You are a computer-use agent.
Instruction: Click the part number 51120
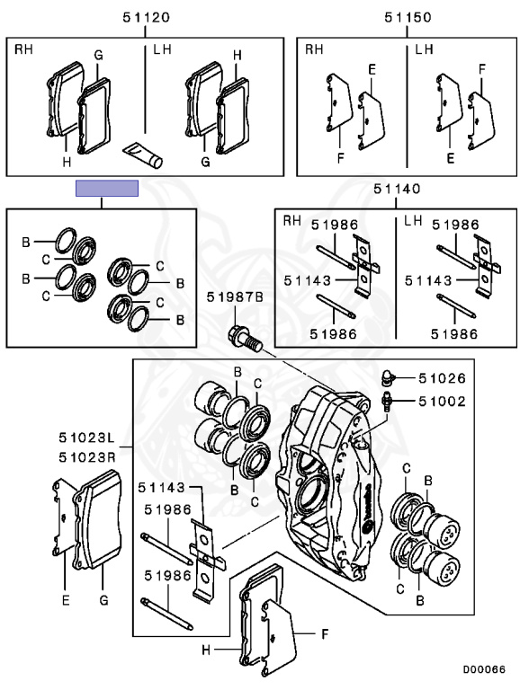pos(146,18)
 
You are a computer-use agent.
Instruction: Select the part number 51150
pos(408,18)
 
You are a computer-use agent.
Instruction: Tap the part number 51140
pos(397,189)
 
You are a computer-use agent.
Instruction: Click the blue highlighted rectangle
pos(107,189)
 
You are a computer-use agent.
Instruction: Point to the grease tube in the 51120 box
pos(143,155)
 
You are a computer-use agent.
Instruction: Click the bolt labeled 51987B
pos(245,338)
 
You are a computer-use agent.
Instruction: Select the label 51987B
pos(235,297)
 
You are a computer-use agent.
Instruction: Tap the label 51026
pos(442,378)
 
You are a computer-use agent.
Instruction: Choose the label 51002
pos(442,402)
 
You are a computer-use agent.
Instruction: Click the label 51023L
pos(87,438)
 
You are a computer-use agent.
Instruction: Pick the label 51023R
pos(87,457)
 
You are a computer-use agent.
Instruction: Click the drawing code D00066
pos(484,669)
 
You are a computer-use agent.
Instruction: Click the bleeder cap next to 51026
pos(387,377)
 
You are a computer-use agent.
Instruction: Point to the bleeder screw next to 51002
pos(387,402)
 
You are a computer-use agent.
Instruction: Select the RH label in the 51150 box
pos(314,49)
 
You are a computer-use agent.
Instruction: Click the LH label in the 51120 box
pos(162,49)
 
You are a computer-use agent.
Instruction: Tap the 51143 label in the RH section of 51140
pos(308,280)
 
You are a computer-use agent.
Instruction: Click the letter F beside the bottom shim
pos(325,634)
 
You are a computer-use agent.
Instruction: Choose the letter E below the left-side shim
pos(66,600)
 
